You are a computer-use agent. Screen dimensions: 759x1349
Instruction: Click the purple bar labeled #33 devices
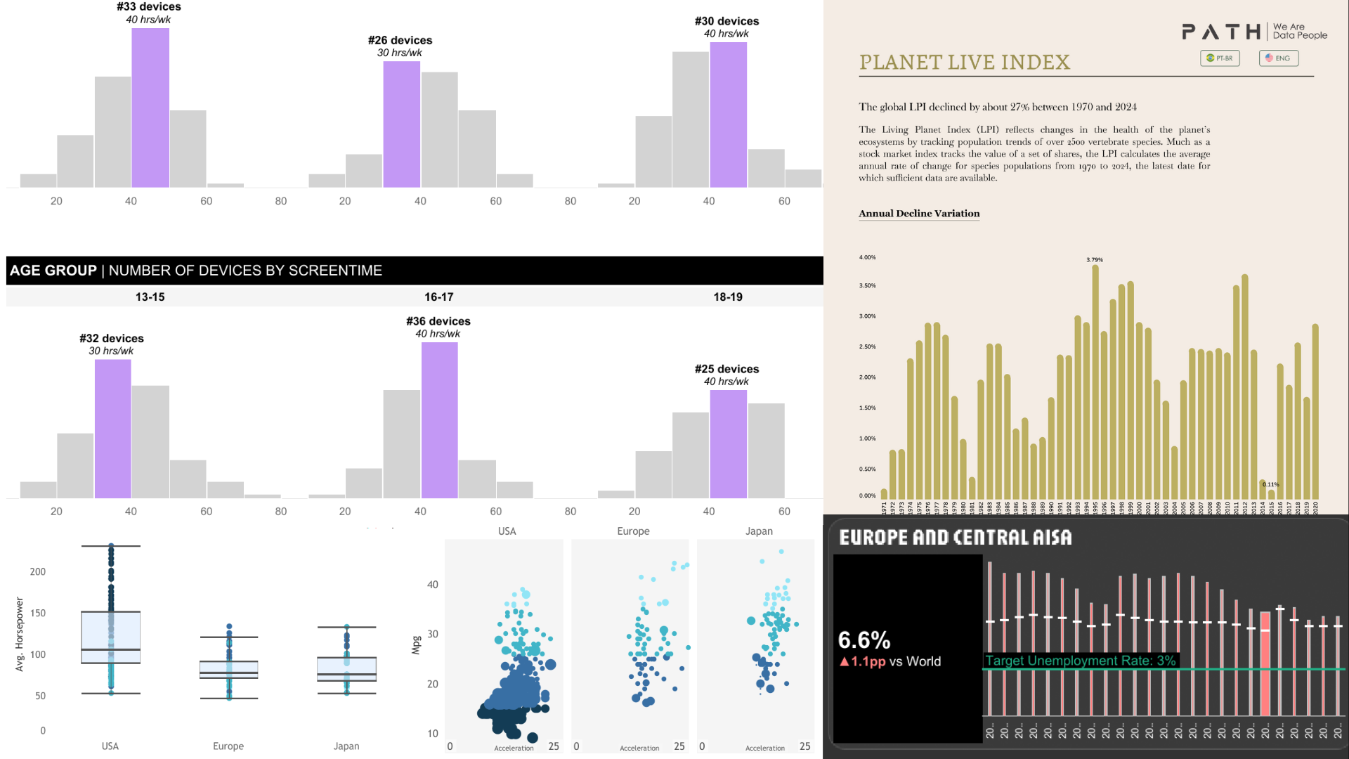click(x=150, y=108)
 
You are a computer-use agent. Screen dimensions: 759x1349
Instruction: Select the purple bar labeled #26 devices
click(x=401, y=124)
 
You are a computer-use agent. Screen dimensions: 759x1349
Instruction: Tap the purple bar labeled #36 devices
click(x=439, y=420)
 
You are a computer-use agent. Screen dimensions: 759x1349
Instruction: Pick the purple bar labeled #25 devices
click(x=728, y=444)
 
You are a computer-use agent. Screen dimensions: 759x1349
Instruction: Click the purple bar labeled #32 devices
click(x=112, y=429)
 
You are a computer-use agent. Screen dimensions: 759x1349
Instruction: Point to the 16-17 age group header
click(x=438, y=297)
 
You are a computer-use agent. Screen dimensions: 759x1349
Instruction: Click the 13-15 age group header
click(x=150, y=297)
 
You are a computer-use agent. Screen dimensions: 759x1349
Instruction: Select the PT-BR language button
click(x=1220, y=58)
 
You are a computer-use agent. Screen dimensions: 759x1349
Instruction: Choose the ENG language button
click(x=1278, y=58)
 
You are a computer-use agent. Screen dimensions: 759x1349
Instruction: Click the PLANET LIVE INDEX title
click(x=964, y=63)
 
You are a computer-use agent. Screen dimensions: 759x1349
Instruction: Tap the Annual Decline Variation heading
click(x=919, y=214)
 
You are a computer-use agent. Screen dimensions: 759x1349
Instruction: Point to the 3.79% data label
click(x=1095, y=260)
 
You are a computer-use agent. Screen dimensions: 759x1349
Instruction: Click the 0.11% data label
click(x=1270, y=484)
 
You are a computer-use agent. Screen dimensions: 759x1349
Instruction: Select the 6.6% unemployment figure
click(x=864, y=640)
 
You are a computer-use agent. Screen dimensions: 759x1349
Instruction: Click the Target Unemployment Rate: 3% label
click(x=1080, y=661)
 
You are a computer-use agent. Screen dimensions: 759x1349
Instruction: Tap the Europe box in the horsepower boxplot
click(x=228, y=669)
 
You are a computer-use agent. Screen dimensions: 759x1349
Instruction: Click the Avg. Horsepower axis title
click(x=20, y=634)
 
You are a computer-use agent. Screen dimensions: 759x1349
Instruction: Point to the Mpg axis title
click(x=416, y=645)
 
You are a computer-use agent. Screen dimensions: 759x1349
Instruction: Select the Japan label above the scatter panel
click(x=759, y=531)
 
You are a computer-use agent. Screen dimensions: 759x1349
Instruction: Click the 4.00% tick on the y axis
click(x=867, y=257)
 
